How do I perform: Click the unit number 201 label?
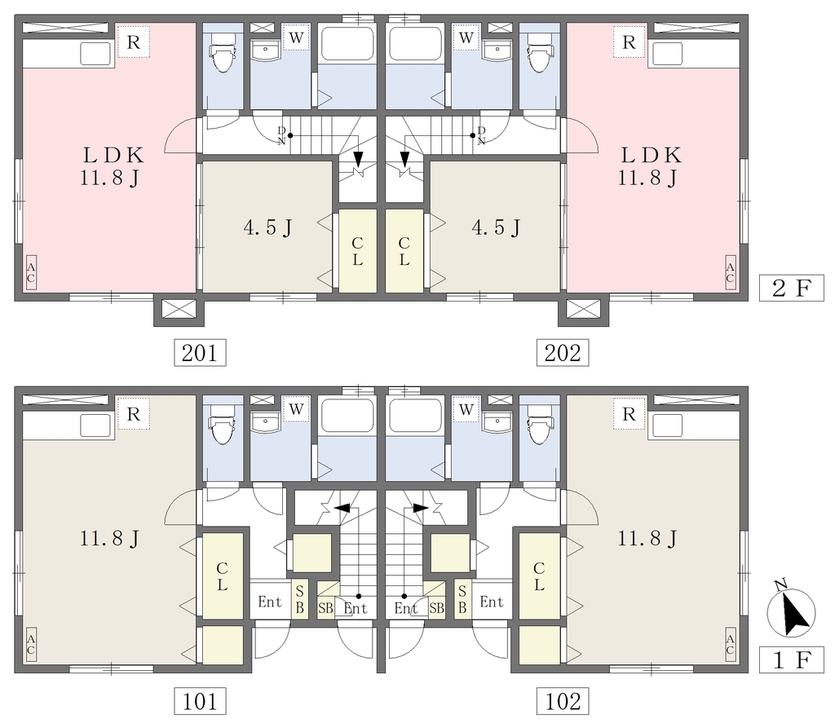tap(201, 352)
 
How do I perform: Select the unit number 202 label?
tap(563, 352)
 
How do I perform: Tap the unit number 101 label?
tap(201, 701)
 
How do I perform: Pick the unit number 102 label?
tap(563, 701)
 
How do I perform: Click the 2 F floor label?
tap(791, 289)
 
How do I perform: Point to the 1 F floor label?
tap(791, 660)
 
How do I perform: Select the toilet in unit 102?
tap(539, 423)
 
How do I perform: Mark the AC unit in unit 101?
tap(31, 644)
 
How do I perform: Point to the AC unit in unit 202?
tap(730, 272)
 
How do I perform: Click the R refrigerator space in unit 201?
tap(134, 42)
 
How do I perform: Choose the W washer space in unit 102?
tap(466, 409)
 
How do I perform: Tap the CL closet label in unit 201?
tap(357, 251)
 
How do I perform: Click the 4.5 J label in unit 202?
tap(496, 227)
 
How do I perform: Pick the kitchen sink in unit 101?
tap(96, 425)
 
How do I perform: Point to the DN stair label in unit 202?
tap(481, 135)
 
